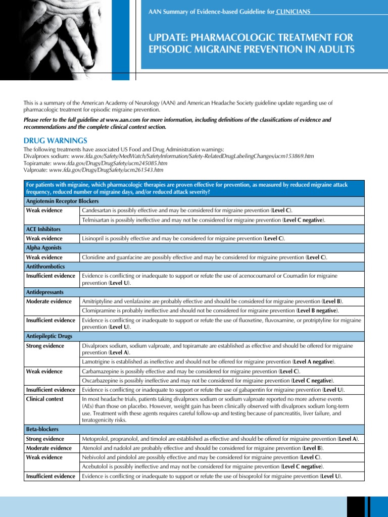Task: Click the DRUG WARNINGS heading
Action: point(56,140)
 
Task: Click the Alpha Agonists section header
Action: point(43,248)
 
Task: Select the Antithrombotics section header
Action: point(45,267)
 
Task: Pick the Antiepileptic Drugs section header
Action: point(49,336)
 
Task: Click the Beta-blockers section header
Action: point(42,430)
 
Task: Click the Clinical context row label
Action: point(45,399)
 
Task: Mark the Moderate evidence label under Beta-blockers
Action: point(49,448)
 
